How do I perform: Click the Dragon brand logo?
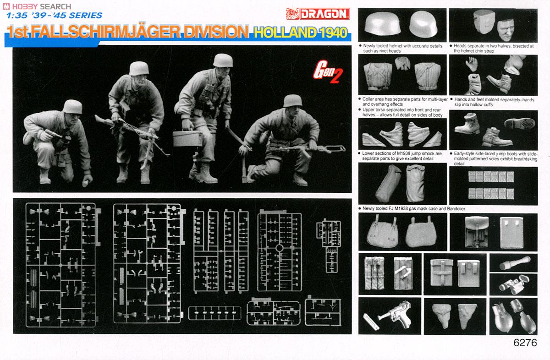pyautogui.click(x=326, y=13)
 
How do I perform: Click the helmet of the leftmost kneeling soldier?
pyautogui.click(x=73, y=107)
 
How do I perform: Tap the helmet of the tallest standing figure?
pyautogui.click(x=223, y=60)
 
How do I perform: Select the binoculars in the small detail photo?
pyautogui.click(x=513, y=285)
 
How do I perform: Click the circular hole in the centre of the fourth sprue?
pyautogui.click(x=280, y=248)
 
